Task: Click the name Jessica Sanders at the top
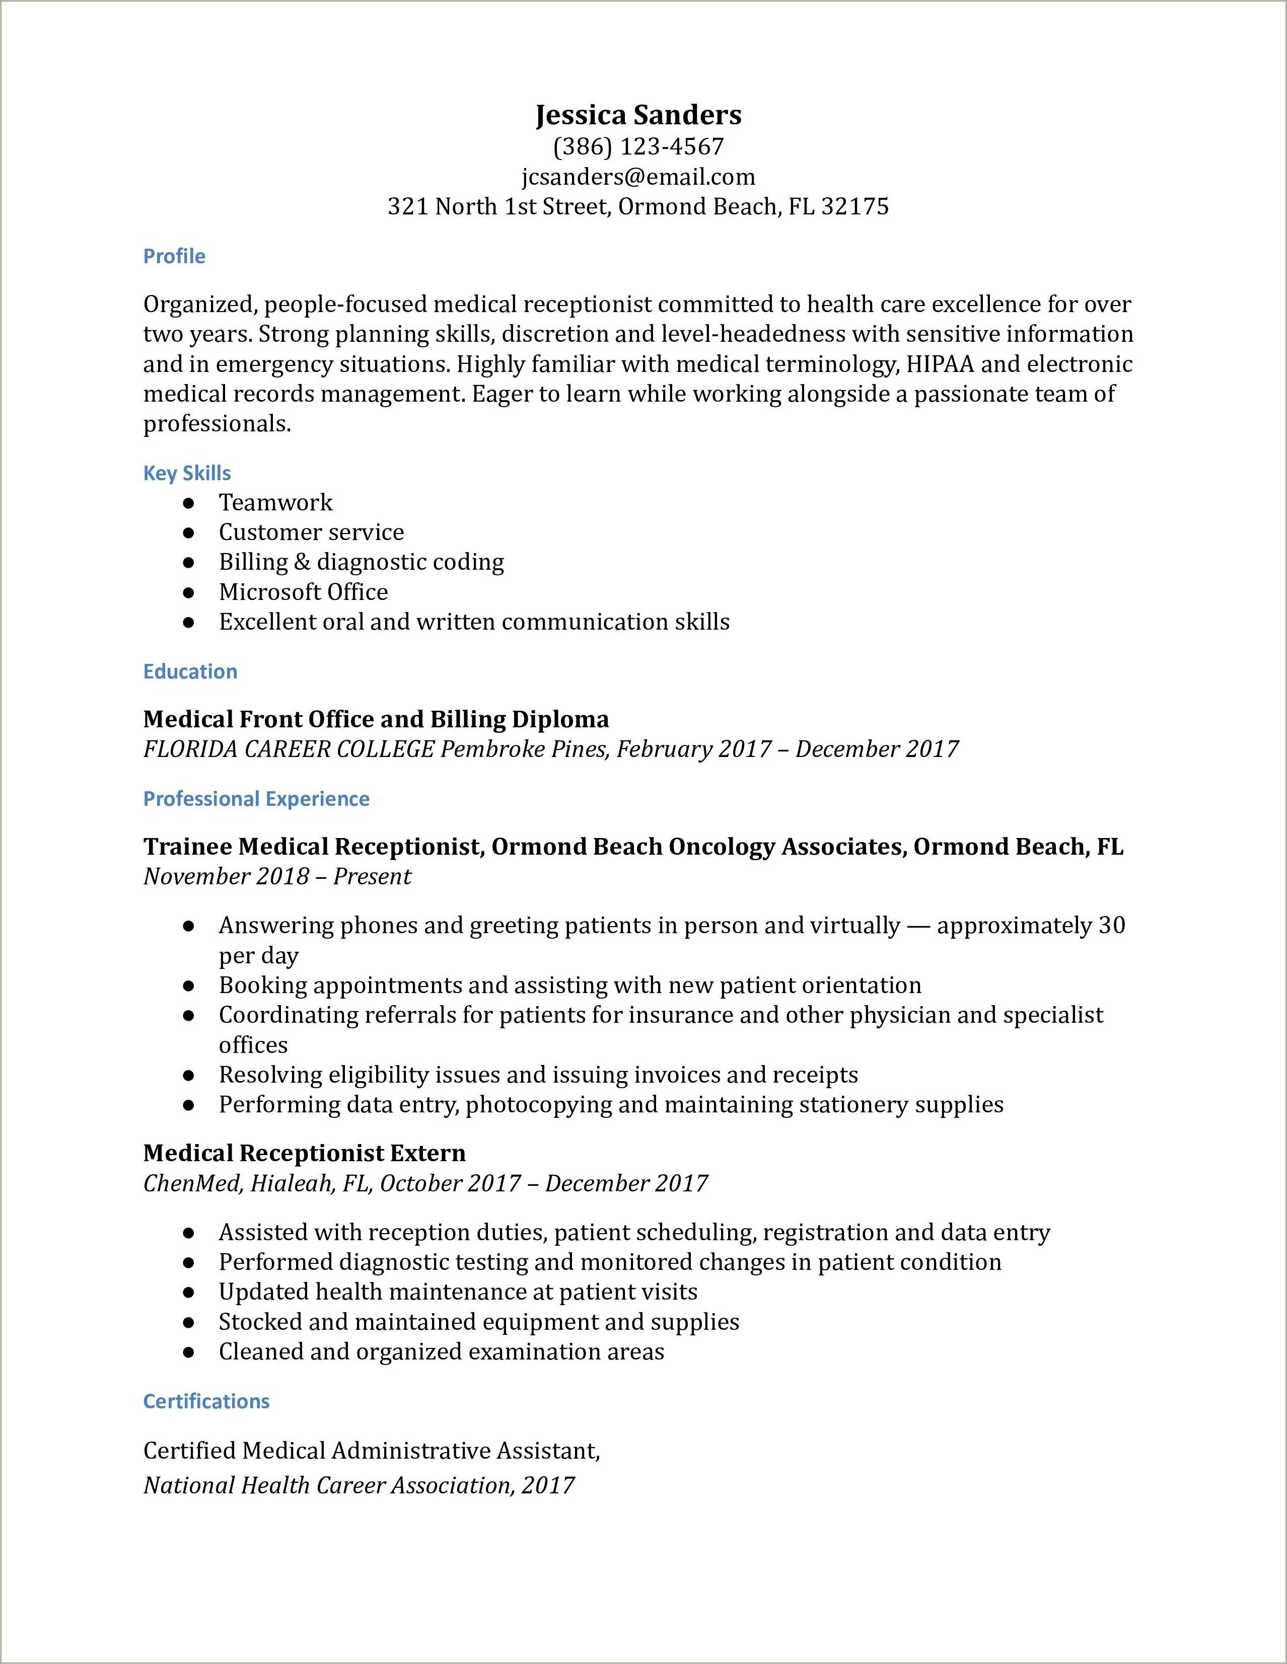pos(638,115)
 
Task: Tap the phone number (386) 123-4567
pos(638,146)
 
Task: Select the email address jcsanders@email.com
pos(638,177)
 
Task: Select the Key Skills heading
pos(187,473)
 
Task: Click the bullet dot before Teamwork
pos(189,503)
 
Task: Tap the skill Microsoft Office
pos(303,592)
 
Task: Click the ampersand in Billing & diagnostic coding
pos(302,562)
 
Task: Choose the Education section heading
pos(190,671)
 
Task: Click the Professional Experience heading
pos(256,798)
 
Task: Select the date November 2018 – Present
pos(276,876)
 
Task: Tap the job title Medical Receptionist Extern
pos(304,1153)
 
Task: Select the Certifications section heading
pos(206,1401)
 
